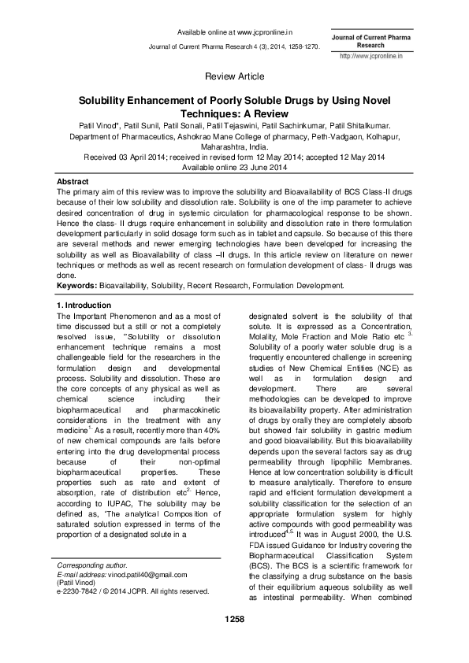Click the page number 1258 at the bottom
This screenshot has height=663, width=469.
(234, 643)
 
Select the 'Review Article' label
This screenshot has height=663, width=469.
(234, 76)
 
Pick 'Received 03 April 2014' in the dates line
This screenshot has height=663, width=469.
(128, 157)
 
